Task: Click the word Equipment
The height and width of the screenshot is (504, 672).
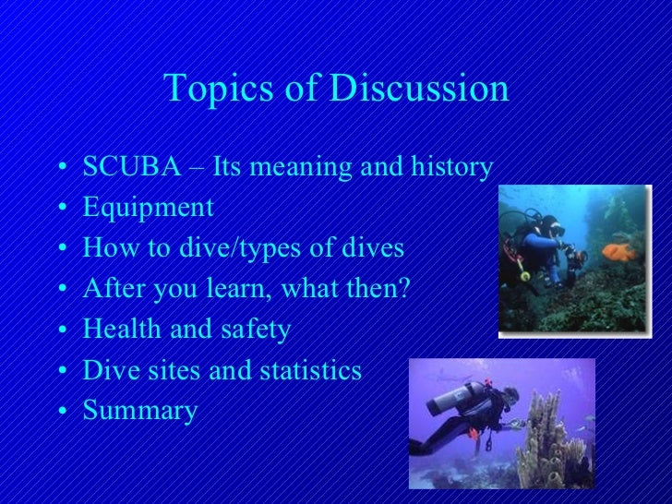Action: click(148, 210)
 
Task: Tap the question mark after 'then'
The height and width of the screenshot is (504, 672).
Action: click(402, 290)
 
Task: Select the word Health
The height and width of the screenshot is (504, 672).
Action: click(121, 330)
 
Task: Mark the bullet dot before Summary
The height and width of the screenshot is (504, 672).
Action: click(61, 412)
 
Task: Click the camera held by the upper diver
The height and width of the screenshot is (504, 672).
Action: click(574, 256)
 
